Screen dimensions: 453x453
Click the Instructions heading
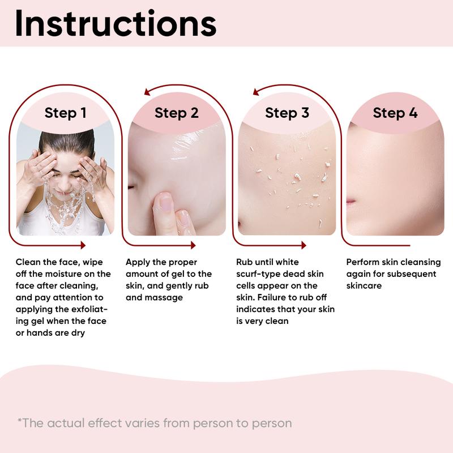tap(116, 23)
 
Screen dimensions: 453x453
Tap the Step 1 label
tap(66, 113)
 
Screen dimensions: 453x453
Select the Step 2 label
tap(177, 113)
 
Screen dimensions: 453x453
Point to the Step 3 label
tap(287, 113)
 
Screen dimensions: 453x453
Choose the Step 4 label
tap(395, 113)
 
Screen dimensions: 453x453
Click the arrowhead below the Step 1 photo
tap(83, 245)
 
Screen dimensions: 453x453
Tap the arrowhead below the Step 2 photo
tap(193, 245)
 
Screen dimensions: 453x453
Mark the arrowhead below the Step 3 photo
tap(304, 245)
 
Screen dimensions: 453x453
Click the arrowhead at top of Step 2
tap(147, 92)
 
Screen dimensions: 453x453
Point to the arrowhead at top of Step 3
tap(256, 92)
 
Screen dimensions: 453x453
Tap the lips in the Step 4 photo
tap(351, 201)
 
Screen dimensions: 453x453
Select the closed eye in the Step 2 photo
tap(131, 187)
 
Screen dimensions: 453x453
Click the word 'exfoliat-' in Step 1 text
tap(89, 309)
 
